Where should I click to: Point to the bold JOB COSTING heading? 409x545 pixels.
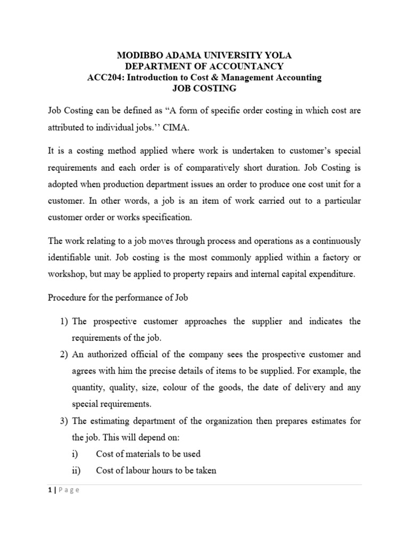204,89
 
